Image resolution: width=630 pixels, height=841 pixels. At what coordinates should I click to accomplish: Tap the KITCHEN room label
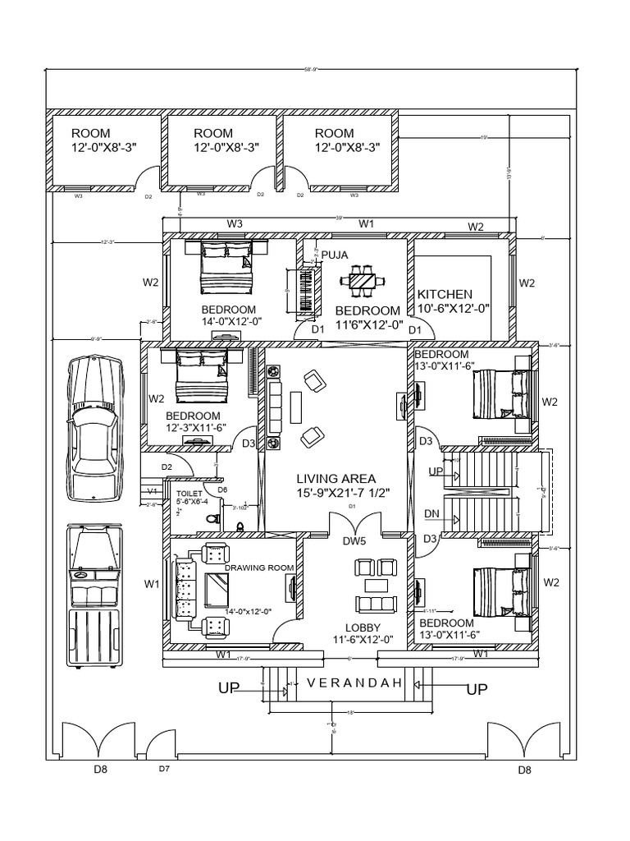click(445, 294)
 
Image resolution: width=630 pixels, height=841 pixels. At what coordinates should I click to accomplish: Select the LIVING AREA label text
click(336, 478)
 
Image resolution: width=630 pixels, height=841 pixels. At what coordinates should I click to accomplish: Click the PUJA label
click(335, 255)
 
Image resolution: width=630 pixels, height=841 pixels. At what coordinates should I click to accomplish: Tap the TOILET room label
click(189, 494)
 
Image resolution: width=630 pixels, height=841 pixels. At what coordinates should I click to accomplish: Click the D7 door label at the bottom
click(164, 770)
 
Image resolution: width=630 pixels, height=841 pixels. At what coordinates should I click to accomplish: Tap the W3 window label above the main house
click(235, 223)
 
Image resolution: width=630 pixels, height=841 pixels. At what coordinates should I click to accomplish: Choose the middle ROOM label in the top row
click(213, 133)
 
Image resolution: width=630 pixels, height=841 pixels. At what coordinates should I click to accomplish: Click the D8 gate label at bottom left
click(100, 770)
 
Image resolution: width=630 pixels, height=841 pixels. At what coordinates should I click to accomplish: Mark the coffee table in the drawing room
click(217, 588)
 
